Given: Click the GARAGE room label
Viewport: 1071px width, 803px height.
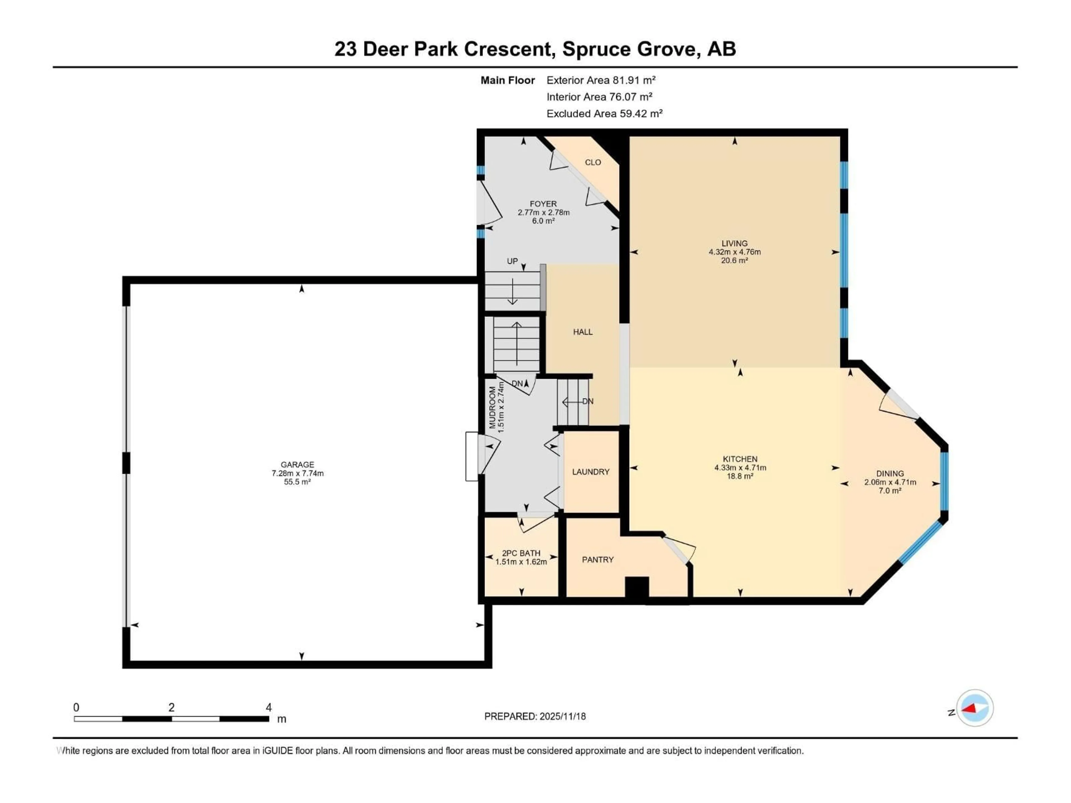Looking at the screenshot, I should [297, 464].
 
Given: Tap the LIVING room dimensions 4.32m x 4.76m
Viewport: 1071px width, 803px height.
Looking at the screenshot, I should [734, 252].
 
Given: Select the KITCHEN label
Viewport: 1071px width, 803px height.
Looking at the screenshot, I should [740, 459].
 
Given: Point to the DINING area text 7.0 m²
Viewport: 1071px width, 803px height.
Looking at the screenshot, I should [890, 490].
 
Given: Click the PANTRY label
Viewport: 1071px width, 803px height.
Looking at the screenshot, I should [597, 560].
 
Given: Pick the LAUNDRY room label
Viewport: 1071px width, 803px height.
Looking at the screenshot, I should [591, 471].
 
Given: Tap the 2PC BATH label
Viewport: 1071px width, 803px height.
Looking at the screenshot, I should [521, 553].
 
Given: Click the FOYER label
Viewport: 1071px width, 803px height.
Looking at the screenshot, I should [543, 204].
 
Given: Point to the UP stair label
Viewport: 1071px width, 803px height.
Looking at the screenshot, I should [512, 261].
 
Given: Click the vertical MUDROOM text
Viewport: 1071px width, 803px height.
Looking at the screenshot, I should [492, 408].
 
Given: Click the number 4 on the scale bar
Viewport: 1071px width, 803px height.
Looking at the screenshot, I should [268, 707].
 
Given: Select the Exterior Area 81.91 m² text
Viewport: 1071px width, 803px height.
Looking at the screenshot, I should [601, 80].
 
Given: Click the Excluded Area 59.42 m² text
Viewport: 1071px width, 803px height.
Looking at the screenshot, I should [604, 113].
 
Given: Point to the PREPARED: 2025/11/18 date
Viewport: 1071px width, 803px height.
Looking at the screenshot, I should [535, 716].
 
